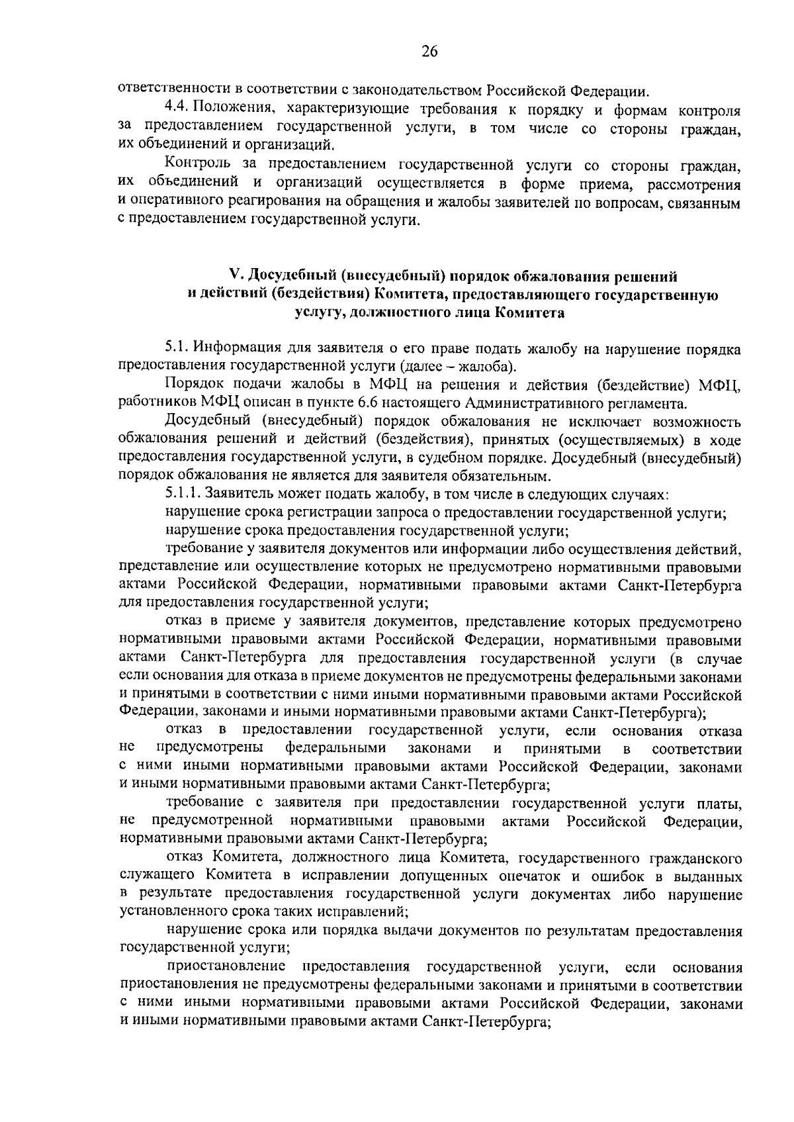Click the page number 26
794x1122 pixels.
(x=429, y=52)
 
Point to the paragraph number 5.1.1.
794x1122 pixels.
(x=183, y=494)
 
